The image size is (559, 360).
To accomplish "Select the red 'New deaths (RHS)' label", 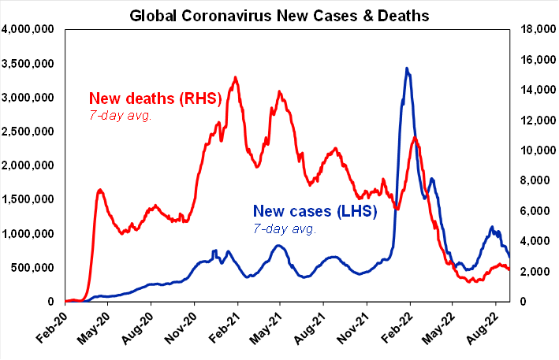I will click(x=154, y=99).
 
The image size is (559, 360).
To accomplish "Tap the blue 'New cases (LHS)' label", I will click(x=315, y=211).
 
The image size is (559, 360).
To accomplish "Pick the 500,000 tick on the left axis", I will click(x=32, y=268).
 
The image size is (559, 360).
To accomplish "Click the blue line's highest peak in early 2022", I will click(x=407, y=69).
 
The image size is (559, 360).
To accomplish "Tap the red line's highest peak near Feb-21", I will click(x=236, y=77).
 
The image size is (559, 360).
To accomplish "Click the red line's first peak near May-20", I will click(x=100, y=190).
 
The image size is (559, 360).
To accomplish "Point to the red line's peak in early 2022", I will click(x=414, y=138).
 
